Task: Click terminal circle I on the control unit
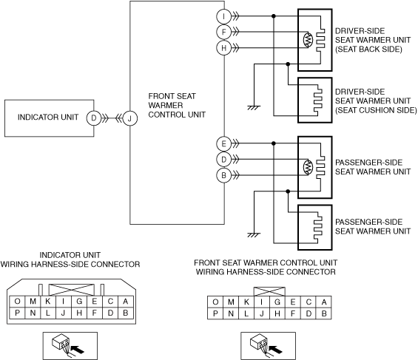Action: click(223, 16)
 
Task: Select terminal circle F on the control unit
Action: click(223, 33)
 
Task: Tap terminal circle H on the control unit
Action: click(223, 48)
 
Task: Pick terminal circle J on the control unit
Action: click(129, 118)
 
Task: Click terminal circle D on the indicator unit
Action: click(94, 118)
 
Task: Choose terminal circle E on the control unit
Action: click(223, 144)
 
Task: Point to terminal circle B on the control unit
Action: click(223, 175)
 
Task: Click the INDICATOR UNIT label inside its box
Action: click(48, 117)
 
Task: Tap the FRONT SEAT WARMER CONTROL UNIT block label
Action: click(177, 105)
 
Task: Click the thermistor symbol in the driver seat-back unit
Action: click(308, 40)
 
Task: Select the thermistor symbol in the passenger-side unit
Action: click(308, 167)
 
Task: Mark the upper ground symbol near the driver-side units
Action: click(254, 108)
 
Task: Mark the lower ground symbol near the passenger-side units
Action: click(254, 235)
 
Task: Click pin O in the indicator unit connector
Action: click(17, 302)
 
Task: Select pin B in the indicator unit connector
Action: click(126, 313)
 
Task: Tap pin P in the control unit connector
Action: click(215, 313)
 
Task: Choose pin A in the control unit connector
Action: click(324, 302)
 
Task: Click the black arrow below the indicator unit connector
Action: click(78, 350)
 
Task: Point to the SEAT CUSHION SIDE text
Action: click(376, 110)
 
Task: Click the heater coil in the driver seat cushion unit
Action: click(318, 101)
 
